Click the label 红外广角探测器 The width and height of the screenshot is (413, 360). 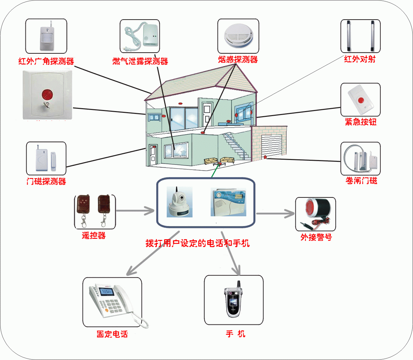pyautogui.click(x=46, y=61)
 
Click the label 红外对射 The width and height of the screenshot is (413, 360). pyautogui.click(x=360, y=59)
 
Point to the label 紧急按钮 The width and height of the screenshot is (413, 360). pyautogui.click(x=360, y=122)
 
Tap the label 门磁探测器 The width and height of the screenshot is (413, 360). pyautogui.click(x=46, y=181)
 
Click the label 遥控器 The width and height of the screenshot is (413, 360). pyautogui.click(x=94, y=236)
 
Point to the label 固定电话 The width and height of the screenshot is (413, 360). pyautogui.click(x=112, y=334)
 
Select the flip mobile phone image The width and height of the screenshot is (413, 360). pyautogui.click(x=233, y=300)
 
